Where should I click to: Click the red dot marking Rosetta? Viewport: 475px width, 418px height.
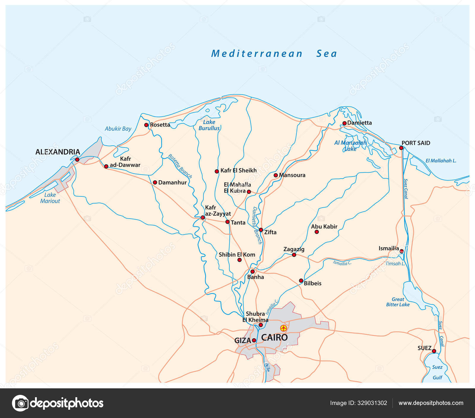(146, 125)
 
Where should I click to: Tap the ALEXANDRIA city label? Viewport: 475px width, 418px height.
(58, 152)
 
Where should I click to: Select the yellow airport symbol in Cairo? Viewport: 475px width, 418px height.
(284, 328)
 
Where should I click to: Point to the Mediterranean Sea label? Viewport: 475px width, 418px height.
(274, 54)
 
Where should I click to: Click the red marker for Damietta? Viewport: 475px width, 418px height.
(344, 123)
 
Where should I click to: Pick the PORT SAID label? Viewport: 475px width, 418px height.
(416, 143)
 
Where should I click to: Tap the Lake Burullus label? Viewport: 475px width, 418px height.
(209, 125)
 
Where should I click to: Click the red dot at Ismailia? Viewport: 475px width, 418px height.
(401, 251)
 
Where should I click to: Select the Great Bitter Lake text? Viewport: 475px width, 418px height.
(398, 302)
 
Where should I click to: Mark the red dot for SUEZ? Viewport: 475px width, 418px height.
(434, 351)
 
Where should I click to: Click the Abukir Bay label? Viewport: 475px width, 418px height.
(118, 129)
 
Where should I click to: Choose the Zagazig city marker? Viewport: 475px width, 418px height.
(294, 255)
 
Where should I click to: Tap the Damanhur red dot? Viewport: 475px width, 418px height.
(155, 182)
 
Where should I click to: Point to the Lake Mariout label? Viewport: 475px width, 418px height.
(50, 198)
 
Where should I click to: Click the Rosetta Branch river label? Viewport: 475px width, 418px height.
(180, 166)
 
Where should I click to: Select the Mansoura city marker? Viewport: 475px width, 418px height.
(275, 175)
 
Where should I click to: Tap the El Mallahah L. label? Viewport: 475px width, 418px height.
(441, 161)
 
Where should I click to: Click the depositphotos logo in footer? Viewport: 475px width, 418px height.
(58, 403)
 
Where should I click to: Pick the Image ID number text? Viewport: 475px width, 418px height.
(358, 403)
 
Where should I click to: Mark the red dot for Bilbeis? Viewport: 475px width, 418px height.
(301, 281)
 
